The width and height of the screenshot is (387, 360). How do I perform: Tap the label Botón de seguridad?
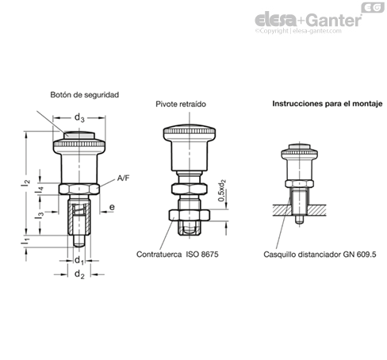84,94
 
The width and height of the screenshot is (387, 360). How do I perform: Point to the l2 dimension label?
26,182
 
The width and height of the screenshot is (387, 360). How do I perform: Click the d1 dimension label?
79,260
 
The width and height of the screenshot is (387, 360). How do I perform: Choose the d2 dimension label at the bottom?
79,275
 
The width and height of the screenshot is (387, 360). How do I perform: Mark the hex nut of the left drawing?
79,190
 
